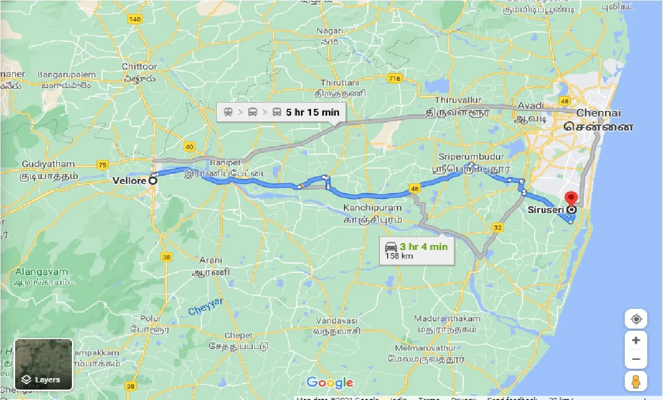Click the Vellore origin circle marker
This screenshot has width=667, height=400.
[153, 181]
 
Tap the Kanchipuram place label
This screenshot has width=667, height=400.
[372, 208]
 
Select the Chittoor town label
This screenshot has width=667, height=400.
[139, 67]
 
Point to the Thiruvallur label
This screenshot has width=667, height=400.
[459, 100]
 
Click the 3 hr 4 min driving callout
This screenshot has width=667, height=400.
[416, 250]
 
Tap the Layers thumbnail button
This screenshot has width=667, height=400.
[44, 364]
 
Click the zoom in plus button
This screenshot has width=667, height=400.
[636, 340]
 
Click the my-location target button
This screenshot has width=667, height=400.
[636, 319]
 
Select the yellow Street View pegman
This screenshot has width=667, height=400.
[636, 382]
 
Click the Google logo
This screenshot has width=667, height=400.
[329, 383]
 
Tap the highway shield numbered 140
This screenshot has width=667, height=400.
[134, 19]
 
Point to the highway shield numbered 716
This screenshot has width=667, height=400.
[394, 78]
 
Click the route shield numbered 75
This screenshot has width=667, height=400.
[103, 165]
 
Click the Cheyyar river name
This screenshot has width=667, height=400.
[205, 306]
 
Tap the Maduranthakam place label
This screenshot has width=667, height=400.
[446, 318]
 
